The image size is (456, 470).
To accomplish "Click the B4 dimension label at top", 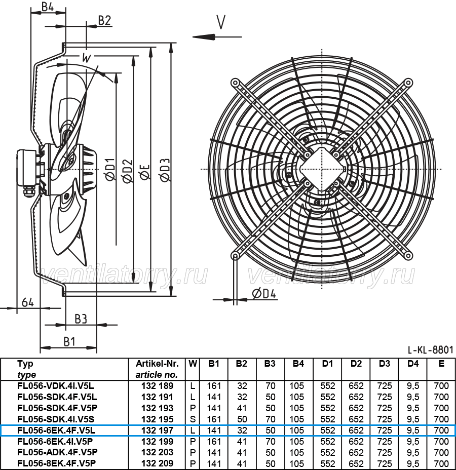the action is tap(47, 6).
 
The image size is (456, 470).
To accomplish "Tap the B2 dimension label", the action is tap(105, 20).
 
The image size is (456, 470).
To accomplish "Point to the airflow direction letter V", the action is tap(221, 22).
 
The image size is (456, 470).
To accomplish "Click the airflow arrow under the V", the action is tap(217, 37).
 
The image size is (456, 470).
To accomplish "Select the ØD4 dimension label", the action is tap(264, 294).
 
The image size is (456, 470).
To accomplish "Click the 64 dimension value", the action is tap(28, 302).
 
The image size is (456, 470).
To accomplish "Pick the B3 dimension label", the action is tap(81, 319).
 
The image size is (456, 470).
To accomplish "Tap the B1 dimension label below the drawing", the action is tap(69, 341).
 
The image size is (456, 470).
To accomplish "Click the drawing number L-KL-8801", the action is tap(430, 350).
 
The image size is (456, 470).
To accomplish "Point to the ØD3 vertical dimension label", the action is tap(165, 170).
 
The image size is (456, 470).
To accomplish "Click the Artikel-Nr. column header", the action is tap(157, 364).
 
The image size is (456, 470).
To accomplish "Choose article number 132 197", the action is tap(158, 430).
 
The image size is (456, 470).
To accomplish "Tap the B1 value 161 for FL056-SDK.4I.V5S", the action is tap(214, 419).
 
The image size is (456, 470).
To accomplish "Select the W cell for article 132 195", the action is tap(193, 419).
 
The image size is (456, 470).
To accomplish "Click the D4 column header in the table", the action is tap(413, 364).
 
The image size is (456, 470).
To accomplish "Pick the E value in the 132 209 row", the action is tap(441, 463).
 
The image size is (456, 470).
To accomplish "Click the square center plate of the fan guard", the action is tap(322, 169).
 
